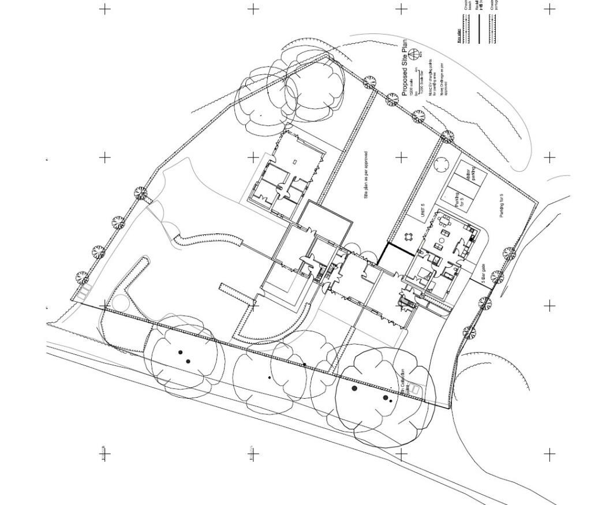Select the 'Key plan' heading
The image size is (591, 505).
[459, 35]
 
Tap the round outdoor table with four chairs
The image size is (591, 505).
[409, 237]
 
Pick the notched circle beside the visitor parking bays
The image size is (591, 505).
[442, 164]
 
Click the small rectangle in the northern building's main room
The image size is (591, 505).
[295, 162]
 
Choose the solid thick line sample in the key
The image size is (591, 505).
[479, 29]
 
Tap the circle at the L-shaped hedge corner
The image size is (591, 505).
[121, 302]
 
